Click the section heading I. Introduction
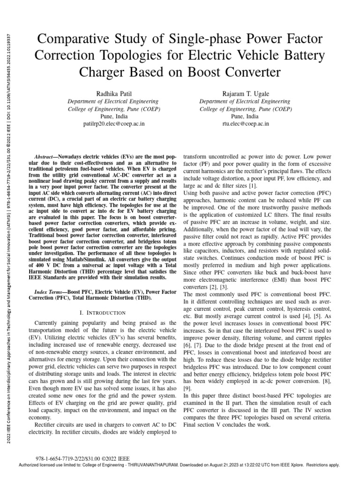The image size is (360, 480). coord(103,312)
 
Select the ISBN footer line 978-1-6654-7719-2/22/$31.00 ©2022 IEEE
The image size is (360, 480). coord(82,458)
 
